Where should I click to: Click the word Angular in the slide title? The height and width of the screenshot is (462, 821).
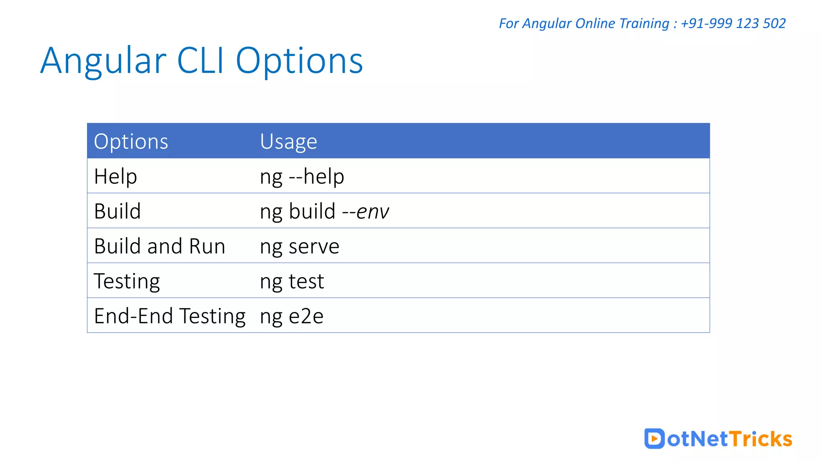[103, 61]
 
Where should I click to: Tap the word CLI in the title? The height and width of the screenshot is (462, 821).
[200, 61]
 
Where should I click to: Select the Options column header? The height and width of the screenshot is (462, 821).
[131, 142]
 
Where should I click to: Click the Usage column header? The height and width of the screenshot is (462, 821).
[288, 142]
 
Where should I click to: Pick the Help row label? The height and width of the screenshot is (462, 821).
[115, 176]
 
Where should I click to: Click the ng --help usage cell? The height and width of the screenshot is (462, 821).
[302, 176]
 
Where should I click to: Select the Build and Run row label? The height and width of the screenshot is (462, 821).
[160, 246]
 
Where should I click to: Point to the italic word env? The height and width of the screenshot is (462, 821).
[372, 212]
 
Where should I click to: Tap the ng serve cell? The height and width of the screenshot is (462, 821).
[299, 246]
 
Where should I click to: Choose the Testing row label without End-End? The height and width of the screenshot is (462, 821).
[127, 281]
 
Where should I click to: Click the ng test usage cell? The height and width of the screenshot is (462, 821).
[292, 281]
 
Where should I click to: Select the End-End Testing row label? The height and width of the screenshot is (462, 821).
[170, 316]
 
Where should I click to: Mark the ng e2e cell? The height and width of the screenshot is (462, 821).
[291, 316]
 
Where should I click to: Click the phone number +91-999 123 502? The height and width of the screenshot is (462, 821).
[733, 23]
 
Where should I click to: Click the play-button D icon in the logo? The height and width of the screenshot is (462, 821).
[654, 438]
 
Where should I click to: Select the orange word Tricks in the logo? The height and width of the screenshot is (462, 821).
[760, 439]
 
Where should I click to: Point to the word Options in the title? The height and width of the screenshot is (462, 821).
[299, 61]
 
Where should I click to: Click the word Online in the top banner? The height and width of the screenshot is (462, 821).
[595, 23]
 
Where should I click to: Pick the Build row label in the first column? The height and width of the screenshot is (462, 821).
[117, 211]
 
